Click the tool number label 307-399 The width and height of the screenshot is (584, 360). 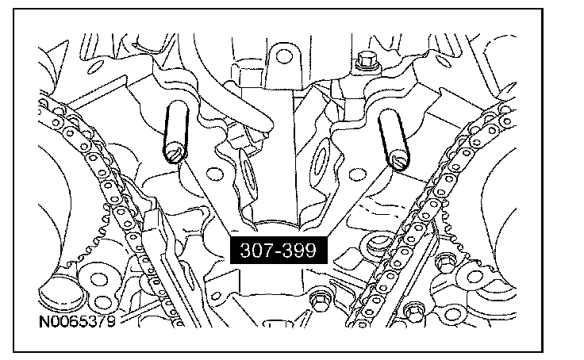pos(279,250)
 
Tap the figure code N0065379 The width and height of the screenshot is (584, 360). pos(78,321)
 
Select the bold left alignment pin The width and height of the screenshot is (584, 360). pos(176,132)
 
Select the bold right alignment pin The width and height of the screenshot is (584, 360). pos(394,140)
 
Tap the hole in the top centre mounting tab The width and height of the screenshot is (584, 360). pos(284,57)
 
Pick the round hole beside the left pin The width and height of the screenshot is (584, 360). pos(215,174)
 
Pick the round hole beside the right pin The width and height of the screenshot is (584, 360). pos(358,174)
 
